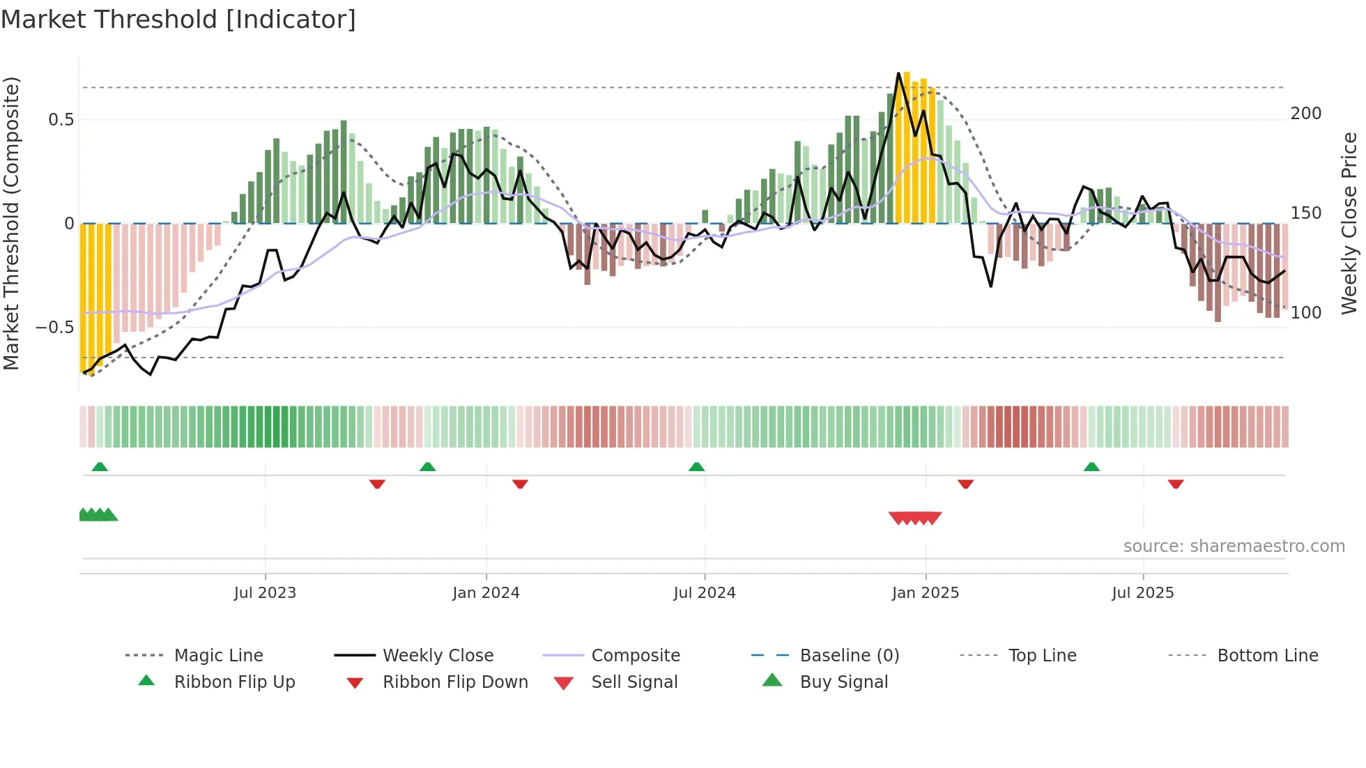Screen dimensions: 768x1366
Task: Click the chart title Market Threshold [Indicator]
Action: point(178,20)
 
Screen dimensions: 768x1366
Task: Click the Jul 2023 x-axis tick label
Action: point(265,593)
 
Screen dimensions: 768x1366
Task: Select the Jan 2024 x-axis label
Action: point(486,593)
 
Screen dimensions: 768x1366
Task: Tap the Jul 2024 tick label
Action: point(704,593)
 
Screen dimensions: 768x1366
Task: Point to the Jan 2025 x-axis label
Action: point(925,593)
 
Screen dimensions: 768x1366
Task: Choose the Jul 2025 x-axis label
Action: point(1142,593)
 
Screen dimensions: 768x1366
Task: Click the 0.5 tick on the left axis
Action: point(61,120)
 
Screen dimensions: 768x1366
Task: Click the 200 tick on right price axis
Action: point(1305,114)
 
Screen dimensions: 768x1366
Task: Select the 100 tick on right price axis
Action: point(1305,313)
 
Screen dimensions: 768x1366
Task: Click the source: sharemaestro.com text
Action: point(1234,546)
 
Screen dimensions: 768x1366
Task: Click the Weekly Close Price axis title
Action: point(1349,223)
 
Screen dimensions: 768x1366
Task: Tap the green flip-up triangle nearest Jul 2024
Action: point(696,467)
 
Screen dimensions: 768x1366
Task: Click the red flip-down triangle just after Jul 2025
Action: point(1176,484)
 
